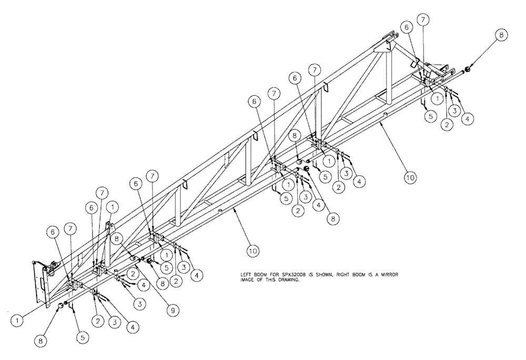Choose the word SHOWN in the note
(x=320, y=275)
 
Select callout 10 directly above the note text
(x=252, y=251)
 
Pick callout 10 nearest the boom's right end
(x=410, y=178)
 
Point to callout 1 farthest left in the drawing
(x=18, y=319)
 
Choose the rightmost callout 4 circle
(x=467, y=119)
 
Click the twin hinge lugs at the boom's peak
(x=391, y=38)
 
